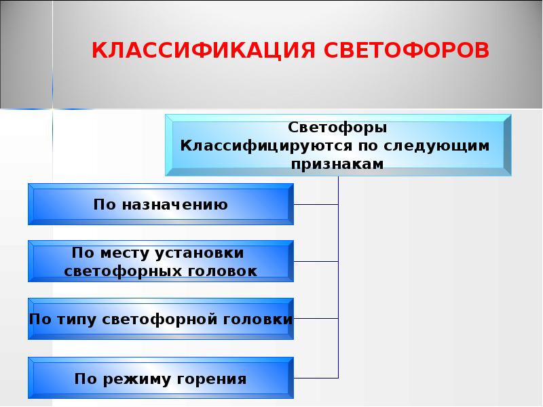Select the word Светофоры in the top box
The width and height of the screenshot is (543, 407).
[x=337, y=128]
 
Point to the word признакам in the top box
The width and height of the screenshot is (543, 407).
[x=337, y=163]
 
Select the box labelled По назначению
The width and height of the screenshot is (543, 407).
[x=161, y=203]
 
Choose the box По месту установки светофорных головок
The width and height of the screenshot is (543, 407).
[x=161, y=261]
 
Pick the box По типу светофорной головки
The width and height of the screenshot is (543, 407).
[x=161, y=319]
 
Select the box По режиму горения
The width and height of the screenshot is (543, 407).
[x=161, y=377]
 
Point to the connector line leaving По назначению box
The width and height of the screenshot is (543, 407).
[x=316, y=203]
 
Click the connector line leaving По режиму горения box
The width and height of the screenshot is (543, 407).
[x=316, y=377]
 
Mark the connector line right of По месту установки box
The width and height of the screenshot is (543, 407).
[x=316, y=261]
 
